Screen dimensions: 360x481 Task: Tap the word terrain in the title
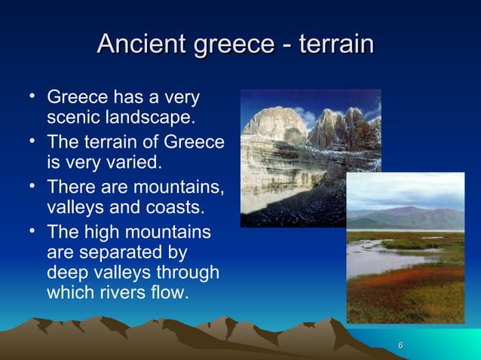(x=336, y=44)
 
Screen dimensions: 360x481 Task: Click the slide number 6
(x=400, y=345)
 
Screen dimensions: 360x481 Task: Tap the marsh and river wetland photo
(x=406, y=256)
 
